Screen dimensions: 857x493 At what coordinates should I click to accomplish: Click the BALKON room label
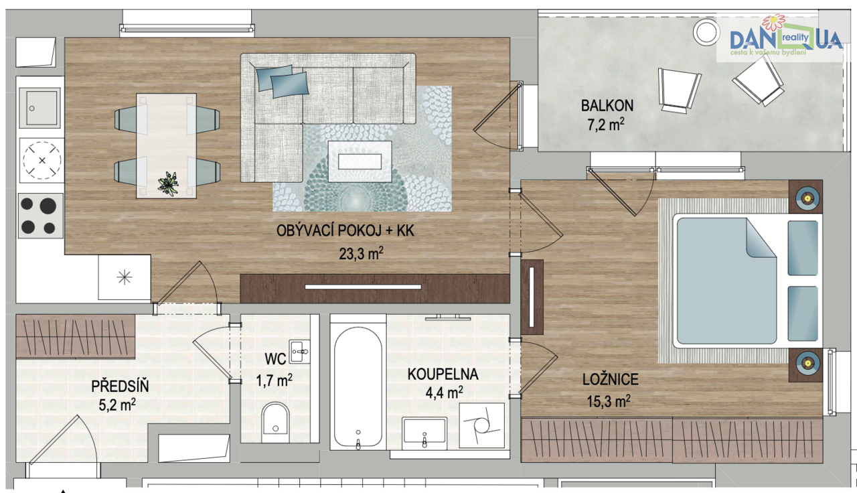click(x=607, y=106)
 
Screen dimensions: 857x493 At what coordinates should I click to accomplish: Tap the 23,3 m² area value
click(x=361, y=253)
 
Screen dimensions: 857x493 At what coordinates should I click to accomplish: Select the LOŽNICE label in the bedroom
click(x=610, y=379)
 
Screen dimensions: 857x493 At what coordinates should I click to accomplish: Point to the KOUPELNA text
click(x=443, y=374)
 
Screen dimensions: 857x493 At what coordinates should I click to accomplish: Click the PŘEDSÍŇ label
click(x=120, y=386)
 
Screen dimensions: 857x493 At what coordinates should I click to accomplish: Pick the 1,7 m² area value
click(x=274, y=380)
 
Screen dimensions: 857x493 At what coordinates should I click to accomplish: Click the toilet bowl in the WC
click(x=275, y=422)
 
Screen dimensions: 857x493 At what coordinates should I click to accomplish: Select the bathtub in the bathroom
click(x=358, y=386)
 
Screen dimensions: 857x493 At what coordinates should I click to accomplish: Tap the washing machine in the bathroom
click(x=481, y=425)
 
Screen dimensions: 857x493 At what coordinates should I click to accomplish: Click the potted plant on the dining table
click(x=168, y=184)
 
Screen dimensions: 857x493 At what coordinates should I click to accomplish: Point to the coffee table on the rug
click(x=360, y=161)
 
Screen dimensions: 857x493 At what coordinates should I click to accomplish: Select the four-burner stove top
click(x=40, y=216)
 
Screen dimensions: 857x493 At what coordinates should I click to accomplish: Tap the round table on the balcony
click(x=706, y=31)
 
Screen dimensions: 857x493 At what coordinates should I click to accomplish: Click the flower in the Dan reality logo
click(x=773, y=23)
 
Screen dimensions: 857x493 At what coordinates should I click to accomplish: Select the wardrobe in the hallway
click(x=76, y=336)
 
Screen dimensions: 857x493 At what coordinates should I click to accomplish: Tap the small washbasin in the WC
click(x=299, y=352)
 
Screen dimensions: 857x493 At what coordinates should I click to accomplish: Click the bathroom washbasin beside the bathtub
click(x=424, y=433)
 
